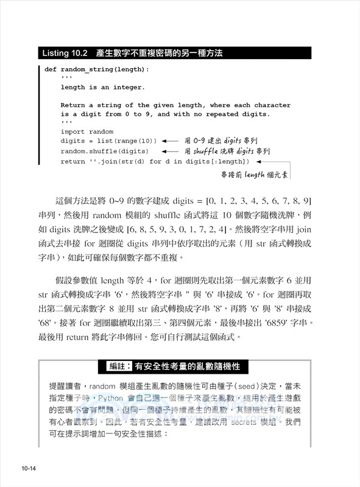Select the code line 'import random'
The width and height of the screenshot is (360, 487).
[x=87, y=131]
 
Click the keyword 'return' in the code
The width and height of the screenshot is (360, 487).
[x=73, y=161]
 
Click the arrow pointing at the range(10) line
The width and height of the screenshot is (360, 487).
[x=174, y=141]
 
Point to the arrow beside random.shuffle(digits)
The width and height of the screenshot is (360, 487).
[x=174, y=151]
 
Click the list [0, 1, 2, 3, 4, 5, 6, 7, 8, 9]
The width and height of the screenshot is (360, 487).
[x=259, y=200]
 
